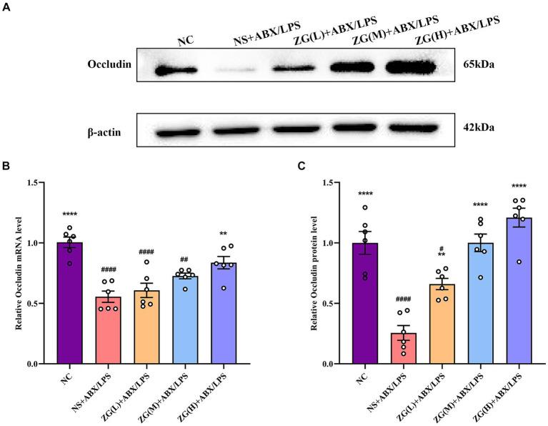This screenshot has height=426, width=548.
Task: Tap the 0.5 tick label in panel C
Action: click(328, 304)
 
